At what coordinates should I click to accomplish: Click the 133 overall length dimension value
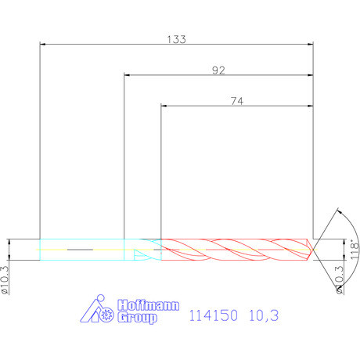click(x=176, y=39)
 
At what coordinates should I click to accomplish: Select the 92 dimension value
click(x=218, y=70)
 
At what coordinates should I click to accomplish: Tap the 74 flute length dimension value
click(x=237, y=101)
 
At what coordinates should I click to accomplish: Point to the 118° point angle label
click(x=354, y=249)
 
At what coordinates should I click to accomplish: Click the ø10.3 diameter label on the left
click(x=5, y=280)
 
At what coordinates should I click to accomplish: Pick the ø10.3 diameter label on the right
click(x=340, y=280)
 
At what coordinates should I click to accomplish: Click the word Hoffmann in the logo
click(x=148, y=305)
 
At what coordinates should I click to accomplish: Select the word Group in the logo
click(x=137, y=318)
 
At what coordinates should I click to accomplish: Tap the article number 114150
click(x=213, y=315)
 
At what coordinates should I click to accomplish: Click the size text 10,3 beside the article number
click(x=264, y=315)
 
